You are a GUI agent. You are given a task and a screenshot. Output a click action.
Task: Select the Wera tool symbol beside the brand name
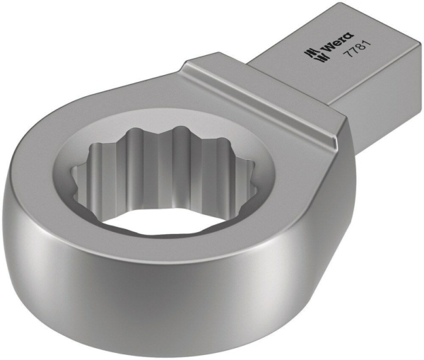(x=308, y=56)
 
